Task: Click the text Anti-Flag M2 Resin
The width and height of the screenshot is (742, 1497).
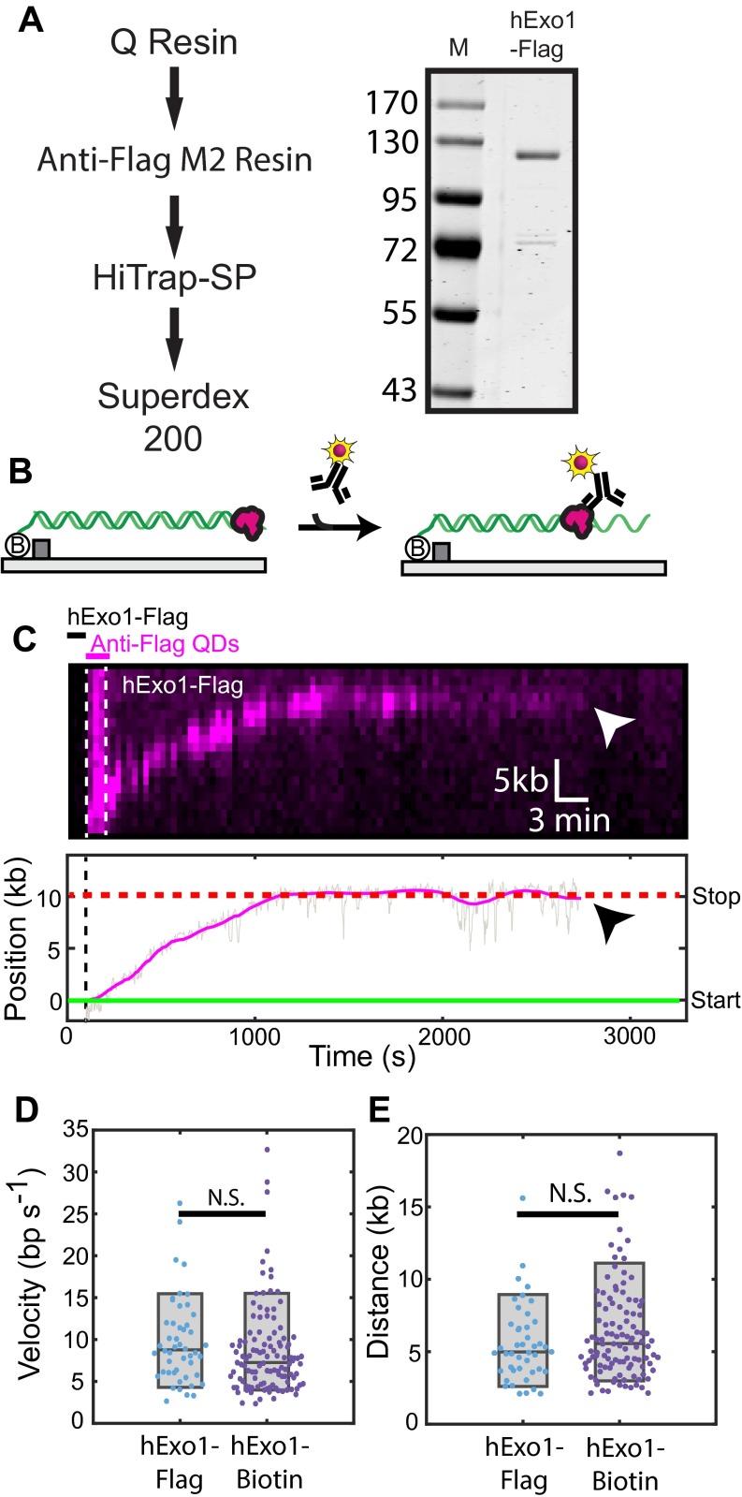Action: (174, 160)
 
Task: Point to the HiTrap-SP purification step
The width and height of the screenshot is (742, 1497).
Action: (174, 278)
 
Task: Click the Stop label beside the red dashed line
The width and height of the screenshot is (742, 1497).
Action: (715, 897)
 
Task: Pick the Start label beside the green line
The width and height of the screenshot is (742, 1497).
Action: (715, 1001)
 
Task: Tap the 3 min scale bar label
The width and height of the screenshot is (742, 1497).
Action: (569, 821)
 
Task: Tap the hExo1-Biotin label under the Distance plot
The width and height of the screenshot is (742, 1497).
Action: (621, 1464)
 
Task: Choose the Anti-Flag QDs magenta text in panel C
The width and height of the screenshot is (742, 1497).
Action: (165, 644)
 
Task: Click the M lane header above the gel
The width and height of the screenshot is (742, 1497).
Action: (458, 47)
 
